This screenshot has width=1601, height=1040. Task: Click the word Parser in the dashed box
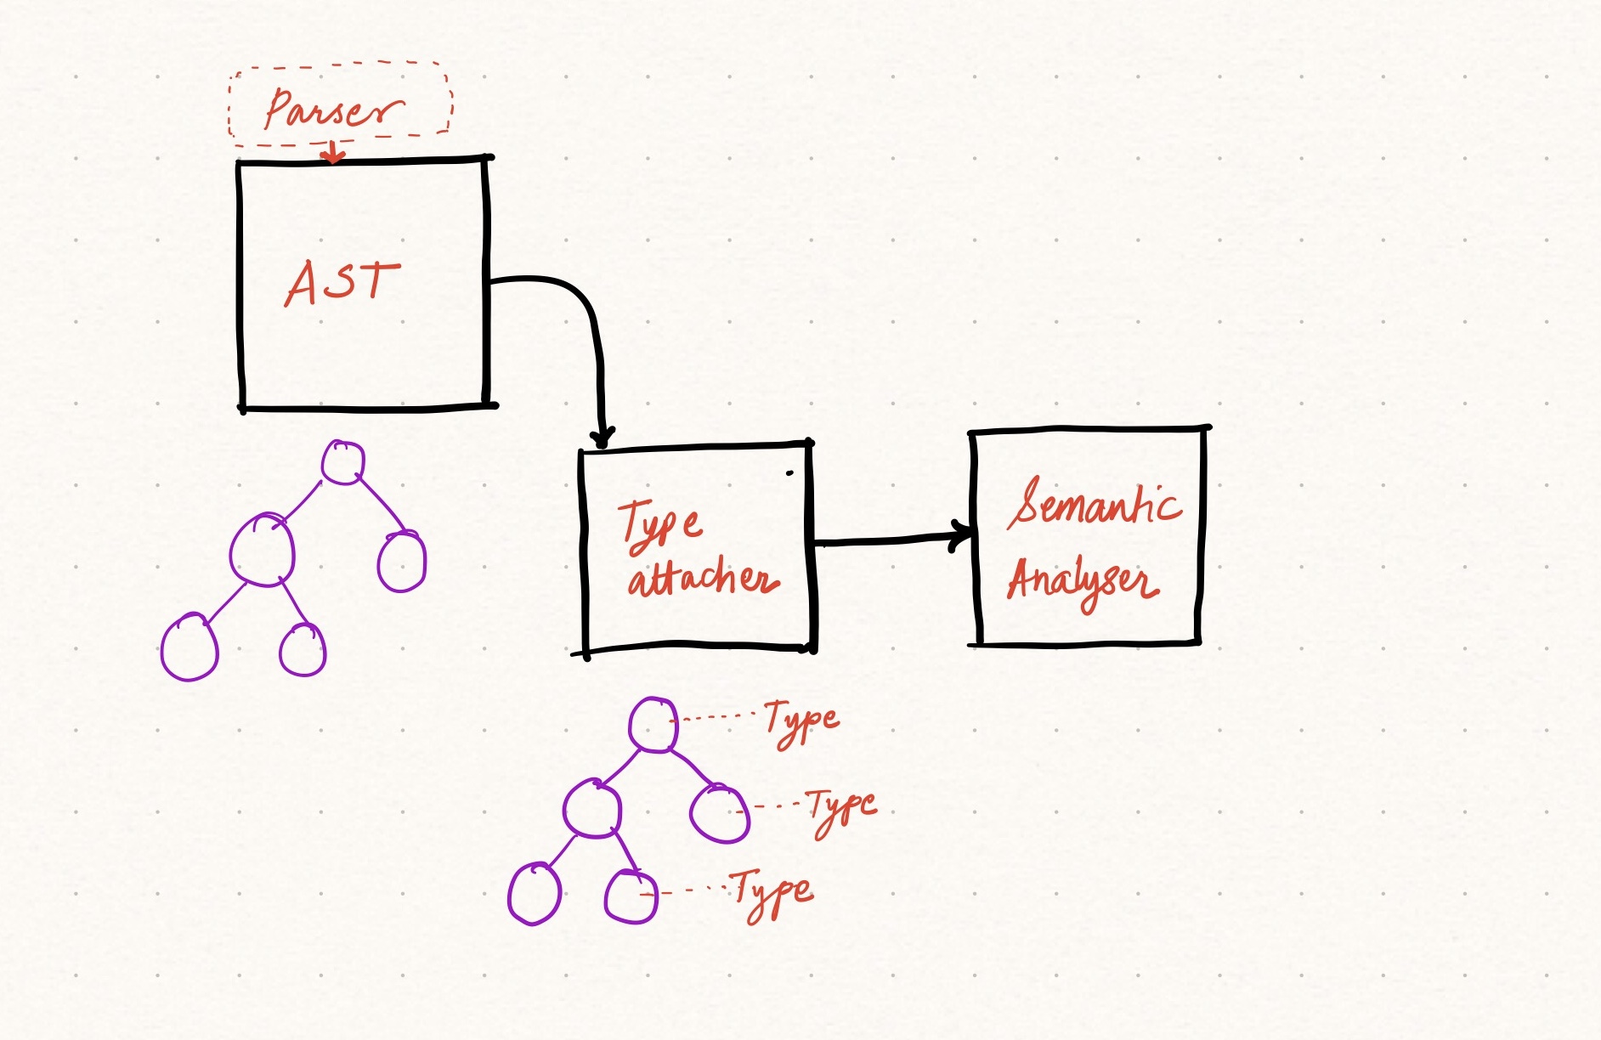[x=333, y=110]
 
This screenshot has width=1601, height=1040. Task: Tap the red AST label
[x=342, y=282]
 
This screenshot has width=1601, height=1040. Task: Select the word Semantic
[x=1095, y=503]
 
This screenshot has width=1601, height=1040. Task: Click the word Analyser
[x=1083, y=581]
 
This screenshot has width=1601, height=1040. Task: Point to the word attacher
[x=703, y=578]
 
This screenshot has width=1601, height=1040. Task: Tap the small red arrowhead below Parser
[x=333, y=155]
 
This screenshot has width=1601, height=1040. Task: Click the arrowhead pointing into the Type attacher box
[x=602, y=438]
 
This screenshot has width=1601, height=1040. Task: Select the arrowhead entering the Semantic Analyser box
[x=964, y=535]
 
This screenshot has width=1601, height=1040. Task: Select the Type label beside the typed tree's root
[x=801, y=722]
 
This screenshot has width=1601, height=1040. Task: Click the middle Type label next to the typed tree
[x=841, y=811]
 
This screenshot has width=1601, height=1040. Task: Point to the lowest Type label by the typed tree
[x=772, y=892]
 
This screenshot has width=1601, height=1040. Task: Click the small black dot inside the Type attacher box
[x=789, y=472]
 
